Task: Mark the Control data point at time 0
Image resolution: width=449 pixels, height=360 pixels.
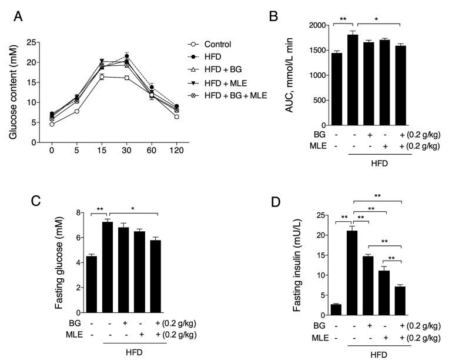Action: pyautogui.click(x=52, y=124)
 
